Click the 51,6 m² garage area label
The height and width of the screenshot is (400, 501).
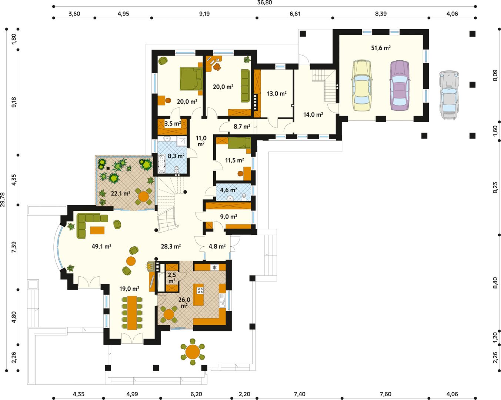click(381, 48)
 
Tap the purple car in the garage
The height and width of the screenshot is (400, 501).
click(400, 85)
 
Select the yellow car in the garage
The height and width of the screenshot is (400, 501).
click(361, 85)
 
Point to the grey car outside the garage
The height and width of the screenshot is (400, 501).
click(449, 96)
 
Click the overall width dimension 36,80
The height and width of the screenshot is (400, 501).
click(265, 3)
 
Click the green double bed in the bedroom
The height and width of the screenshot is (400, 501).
click(191, 79)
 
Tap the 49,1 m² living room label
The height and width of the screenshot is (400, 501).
click(101, 246)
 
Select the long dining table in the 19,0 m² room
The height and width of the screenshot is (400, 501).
click(132, 313)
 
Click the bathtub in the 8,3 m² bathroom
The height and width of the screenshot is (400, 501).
click(161, 164)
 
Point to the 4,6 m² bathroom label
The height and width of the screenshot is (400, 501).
click(228, 190)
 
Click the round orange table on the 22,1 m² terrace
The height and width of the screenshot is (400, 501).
click(143, 196)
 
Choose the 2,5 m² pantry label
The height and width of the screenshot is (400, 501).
click(172, 278)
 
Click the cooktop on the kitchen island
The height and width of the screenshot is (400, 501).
click(200, 290)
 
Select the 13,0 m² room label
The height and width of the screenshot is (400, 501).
click(277, 94)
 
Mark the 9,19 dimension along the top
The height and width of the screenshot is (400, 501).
click(204, 14)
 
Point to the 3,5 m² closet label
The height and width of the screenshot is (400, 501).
click(173, 123)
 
